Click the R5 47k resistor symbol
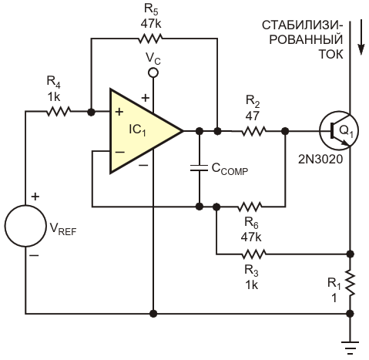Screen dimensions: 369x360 [x=150, y=39]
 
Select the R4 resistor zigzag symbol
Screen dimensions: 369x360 [x=59, y=112]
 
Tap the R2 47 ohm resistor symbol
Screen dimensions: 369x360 [x=253, y=131]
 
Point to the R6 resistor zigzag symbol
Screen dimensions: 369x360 [x=250, y=207]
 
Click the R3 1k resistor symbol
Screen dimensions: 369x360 [x=253, y=254]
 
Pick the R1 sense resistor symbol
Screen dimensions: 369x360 [x=350, y=283]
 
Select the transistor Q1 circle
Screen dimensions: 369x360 [x=339, y=131]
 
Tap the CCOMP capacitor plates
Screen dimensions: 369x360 [x=199, y=168]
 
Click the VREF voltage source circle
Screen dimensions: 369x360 [x=25, y=226]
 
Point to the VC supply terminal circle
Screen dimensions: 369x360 [x=153, y=73]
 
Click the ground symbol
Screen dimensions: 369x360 [x=350, y=348]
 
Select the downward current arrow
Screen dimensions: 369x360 [x=361, y=37]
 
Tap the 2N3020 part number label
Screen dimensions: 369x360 [x=320, y=160]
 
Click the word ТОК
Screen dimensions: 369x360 [x=330, y=54]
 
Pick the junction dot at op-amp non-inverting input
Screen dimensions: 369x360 [x=91, y=112]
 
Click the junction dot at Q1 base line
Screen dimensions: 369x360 [x=285, y=131]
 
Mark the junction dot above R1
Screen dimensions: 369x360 [x=350, y=254]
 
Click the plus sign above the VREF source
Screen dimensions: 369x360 [x=35, y=197]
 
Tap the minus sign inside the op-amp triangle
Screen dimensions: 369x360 [x=119, y=152]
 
